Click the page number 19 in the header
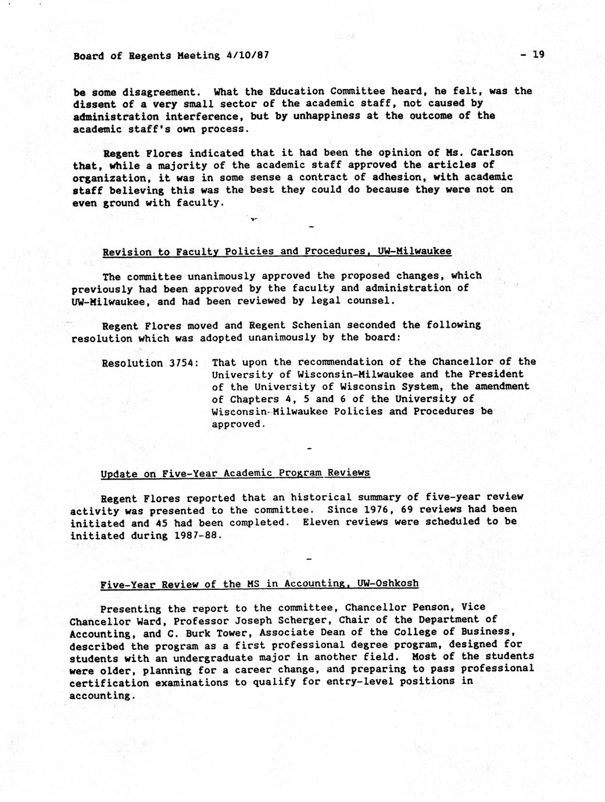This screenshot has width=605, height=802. pos(538,55)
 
